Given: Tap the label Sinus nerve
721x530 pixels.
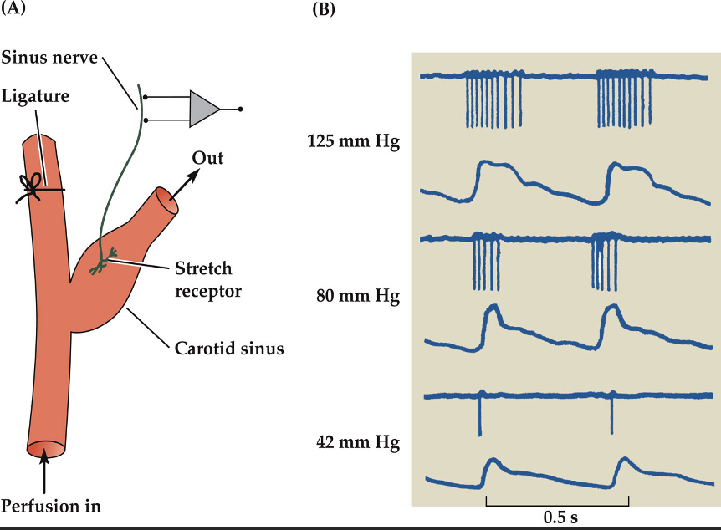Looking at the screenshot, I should (x=49, y=59).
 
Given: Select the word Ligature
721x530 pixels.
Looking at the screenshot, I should (x=35, y=97).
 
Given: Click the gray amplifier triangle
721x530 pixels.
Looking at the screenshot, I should (x=202, y=109).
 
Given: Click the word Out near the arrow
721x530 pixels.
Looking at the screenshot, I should (x=208, y=158).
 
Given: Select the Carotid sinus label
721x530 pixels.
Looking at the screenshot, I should (x=230, y=349).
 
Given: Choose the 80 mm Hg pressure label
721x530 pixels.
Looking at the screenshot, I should (x=358, y=295).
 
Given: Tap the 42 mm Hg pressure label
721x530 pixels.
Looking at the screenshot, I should (x=358, y=442).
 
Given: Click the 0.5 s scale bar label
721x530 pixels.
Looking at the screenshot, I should (x=556, y=517).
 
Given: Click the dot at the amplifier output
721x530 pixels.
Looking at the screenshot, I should (x=241, y=109).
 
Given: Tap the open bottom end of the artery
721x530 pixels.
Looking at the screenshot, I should (x=45, y=451).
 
